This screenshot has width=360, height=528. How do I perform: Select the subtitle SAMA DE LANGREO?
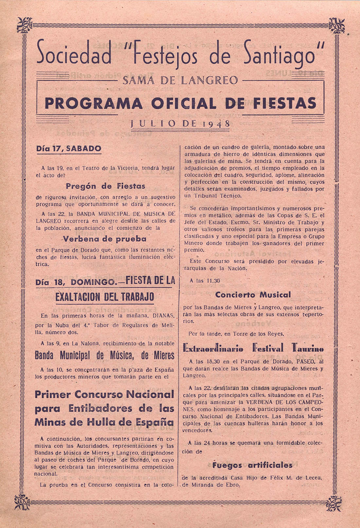click(180, 80)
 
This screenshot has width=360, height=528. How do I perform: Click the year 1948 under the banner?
click(216, 124)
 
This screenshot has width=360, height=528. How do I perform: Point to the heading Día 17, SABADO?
click(69, 148)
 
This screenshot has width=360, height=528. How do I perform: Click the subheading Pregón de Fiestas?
click(105, 186)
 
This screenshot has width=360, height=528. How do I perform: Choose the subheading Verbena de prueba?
click(104, 239)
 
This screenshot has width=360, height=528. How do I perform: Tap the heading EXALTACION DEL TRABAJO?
click(105, 297)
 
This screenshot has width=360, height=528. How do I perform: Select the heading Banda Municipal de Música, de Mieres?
click(105, 355)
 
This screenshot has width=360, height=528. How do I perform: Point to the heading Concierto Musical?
click(253, 294)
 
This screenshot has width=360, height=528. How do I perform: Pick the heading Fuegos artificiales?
click(252, 465)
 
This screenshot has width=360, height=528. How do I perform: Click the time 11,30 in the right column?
click(213, 281)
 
